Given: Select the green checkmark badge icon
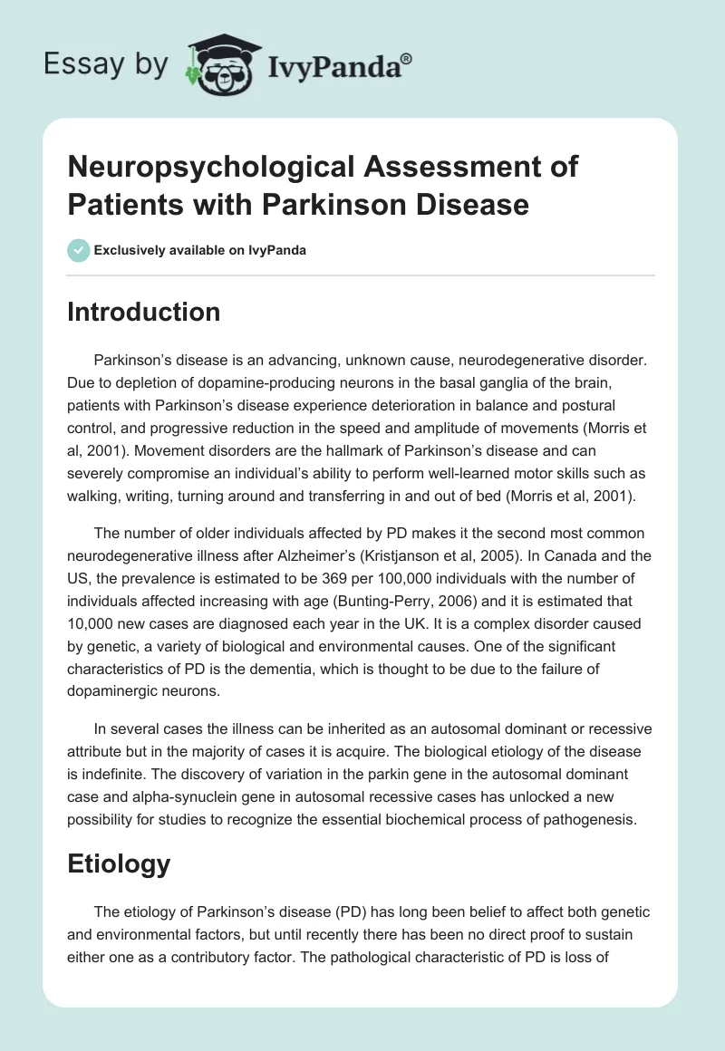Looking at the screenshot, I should (79, 250).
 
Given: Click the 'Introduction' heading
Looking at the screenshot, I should (144, 312).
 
